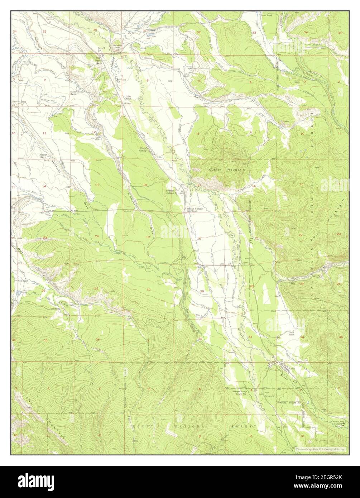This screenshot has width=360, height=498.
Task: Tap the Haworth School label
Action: pyautogui.click(x=102, y=50)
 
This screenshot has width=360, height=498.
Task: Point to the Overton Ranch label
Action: pyautogui.click(x=43, y=156)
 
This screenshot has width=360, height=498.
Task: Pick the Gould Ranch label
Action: pyautogui.click(x=292, y=334)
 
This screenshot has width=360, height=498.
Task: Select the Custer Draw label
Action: pyautogui.click(x=247, y=186)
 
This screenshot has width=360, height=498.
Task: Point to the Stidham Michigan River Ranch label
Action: pyautogui.click(x=194, y=210)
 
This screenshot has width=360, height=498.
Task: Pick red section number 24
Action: pyautogui.click(x=97, y=236)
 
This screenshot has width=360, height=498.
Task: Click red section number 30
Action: pyautogui.click(x=148, y=289)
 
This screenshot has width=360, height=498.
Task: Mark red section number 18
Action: pyautogui.click(x=145, y=185)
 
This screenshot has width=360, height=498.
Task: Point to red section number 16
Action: pyautogui.click(x=254, y=186)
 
